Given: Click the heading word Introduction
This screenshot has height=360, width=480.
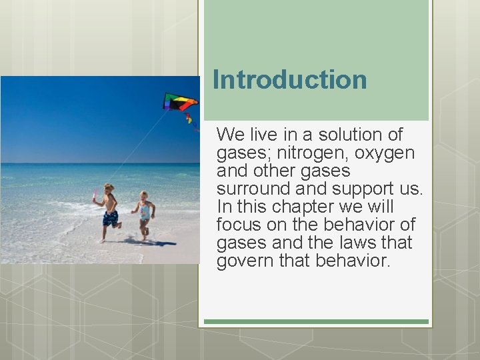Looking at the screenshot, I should click(x=289, y=80).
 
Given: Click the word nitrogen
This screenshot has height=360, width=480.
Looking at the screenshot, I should click(x=295, y=153).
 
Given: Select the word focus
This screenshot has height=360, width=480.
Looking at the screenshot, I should click(x=238, y=225).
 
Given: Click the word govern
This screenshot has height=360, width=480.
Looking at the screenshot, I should click(x=242, y=261).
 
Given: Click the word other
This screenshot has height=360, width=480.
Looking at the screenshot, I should click(x=277, y=171).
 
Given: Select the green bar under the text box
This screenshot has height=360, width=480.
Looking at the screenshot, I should click(x=316, y=321).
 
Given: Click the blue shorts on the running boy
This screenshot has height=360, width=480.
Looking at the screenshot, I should click(x=110, y=217).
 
